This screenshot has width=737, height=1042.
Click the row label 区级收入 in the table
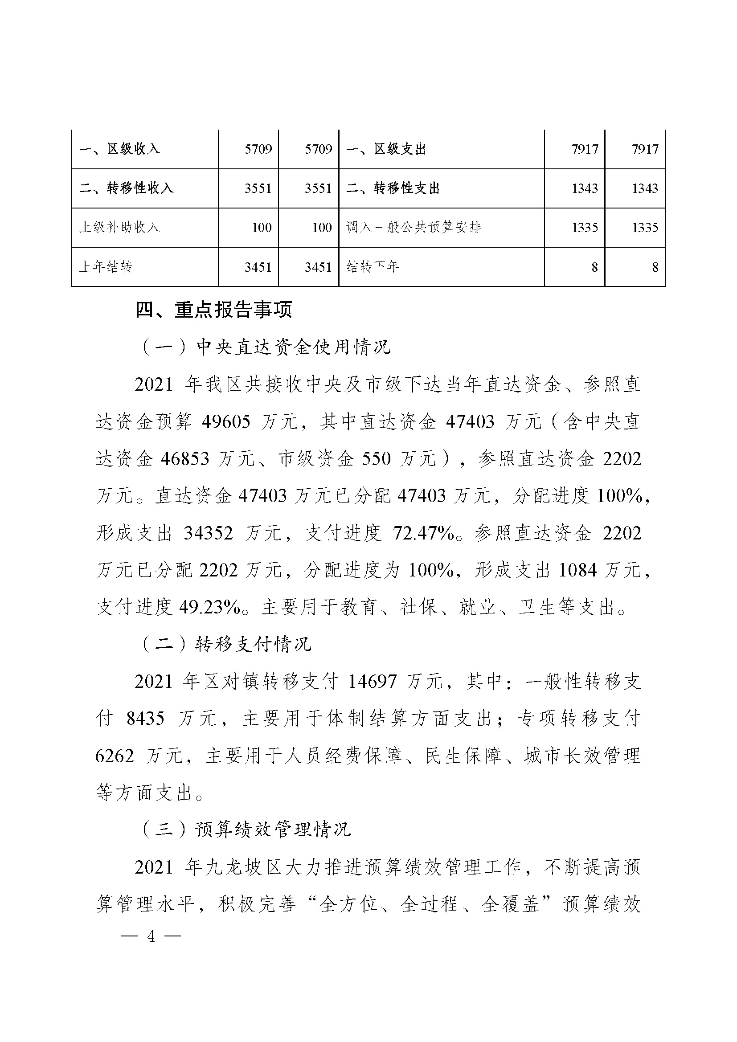(x=120, y=149)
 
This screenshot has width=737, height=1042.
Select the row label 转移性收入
(x=127, y=188)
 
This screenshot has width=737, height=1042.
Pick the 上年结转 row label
(x=106, y=267)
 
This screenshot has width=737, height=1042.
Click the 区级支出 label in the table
(x=386, y=149)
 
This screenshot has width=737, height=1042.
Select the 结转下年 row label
(x=372, y=267)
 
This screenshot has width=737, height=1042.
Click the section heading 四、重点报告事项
(x=214, y=310)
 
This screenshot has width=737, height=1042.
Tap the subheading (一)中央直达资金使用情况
(x=266, y=347)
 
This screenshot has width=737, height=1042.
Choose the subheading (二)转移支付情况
(x=226, y=644)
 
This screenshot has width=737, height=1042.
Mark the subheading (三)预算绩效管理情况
(x=246, y=829)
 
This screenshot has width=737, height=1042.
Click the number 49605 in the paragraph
(x=226, y=422)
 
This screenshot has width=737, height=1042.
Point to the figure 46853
(x=185, y=459)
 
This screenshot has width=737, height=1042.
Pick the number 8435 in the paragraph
(x=145, y=719)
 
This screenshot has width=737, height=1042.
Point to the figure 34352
(x=208, y=533)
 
